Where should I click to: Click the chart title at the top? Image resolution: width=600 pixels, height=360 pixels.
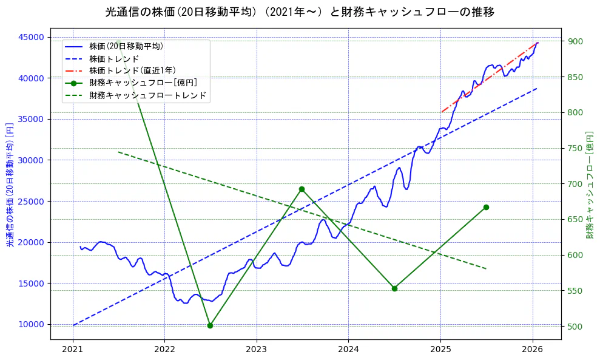[300, 12]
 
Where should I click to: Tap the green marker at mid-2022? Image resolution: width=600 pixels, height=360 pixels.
[210, 325]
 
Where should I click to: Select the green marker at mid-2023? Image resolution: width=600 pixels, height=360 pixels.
[302, 189]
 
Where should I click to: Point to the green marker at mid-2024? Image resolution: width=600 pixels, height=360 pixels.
[394, 288]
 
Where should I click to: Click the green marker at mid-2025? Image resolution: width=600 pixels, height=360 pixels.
[486, 207]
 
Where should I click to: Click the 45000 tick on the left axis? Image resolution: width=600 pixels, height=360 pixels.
[32, 37]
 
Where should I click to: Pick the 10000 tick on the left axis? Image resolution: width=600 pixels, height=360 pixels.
[32, 324]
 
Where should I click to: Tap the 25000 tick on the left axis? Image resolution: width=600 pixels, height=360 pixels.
[32, 201]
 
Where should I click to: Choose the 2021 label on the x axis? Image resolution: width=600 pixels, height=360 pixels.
[73, 350]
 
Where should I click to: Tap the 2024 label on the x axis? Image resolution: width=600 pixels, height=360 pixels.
[348, 350]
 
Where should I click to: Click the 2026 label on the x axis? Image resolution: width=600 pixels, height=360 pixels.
[532, 350]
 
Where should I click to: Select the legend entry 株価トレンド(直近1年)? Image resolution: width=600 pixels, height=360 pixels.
[132, 70]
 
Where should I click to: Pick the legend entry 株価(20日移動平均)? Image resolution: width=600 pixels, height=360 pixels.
[126, 46]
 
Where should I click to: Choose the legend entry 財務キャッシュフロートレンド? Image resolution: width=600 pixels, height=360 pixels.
[147, 95]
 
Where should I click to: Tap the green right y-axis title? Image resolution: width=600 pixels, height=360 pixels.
[590, 185]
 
